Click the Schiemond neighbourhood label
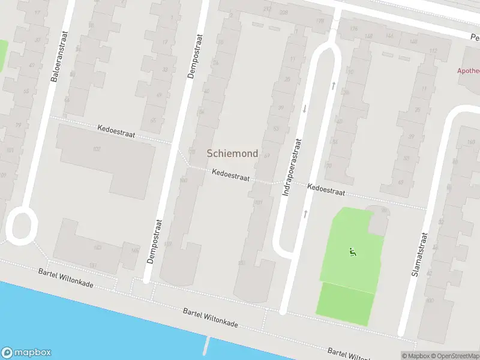(232, 154)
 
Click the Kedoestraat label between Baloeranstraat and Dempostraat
(116, 131)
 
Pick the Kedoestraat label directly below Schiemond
(230, 175)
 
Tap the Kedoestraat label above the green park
(326, 190)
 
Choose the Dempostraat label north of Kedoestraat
(194, 57)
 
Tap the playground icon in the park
(352, 252)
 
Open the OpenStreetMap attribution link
(454, 356)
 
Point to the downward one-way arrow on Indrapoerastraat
(304, 109)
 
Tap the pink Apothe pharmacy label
(468, 70)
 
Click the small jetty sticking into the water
(208, 346)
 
